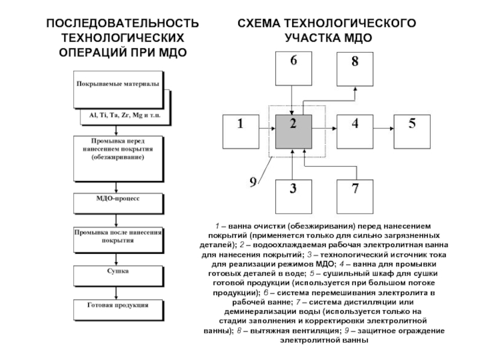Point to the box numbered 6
(293, 71)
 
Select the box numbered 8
(355, 70)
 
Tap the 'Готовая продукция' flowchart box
(118, 309)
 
